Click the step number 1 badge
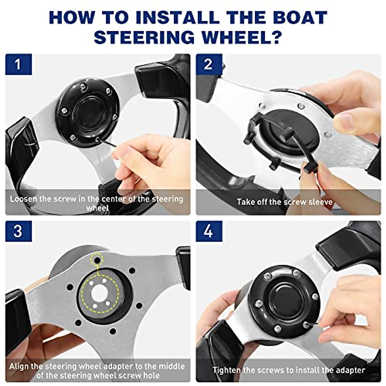pyautogui.click(x=18, y=64)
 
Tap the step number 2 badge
pyautogui.click(x=209, y=64)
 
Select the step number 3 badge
pyautogui.click(x=18, y=231)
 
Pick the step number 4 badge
pyautogui.click(x=209, y=231)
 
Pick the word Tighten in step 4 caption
pyautogui.click(x=227, y=370)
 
